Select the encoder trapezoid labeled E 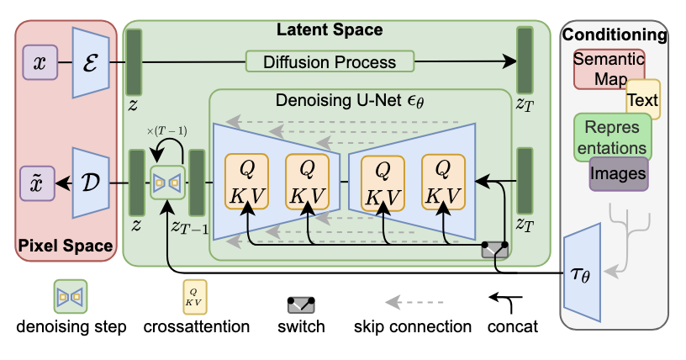[x=92, y=61]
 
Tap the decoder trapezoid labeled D [x=92, y=181]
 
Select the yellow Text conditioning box [x=643, y=100]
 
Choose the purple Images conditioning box [x=619, y=173]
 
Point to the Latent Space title [x=330, y=30]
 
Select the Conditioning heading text [x=615, y=35]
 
